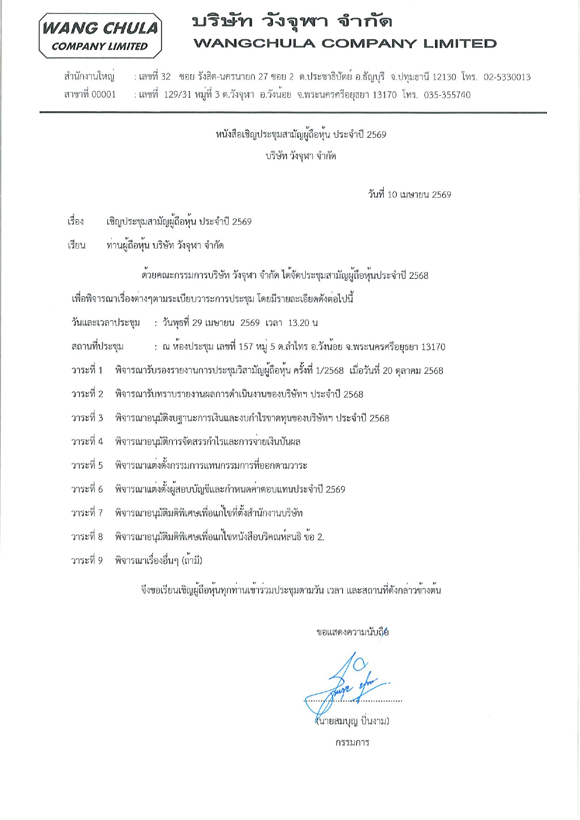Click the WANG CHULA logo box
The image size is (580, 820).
pos(100,36)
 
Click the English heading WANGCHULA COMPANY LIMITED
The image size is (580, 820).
pos(345,43)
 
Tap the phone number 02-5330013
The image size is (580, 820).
pos(507,77)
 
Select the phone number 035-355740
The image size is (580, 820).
pos(447,95)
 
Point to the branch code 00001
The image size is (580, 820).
pos(103,94)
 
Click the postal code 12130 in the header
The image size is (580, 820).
pos(444,77)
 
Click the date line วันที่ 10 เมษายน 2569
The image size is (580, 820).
pos(409,194)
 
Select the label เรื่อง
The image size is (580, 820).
pos(75,221)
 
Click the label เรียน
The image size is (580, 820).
pos(76,245)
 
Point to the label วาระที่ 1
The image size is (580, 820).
pos(87,371)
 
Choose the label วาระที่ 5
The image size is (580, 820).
pos(87,465)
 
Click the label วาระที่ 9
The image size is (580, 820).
pos(87,560)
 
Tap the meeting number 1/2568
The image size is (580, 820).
pos(329,371)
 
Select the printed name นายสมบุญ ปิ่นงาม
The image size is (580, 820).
pos(353,721)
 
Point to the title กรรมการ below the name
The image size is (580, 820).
pos(352,742)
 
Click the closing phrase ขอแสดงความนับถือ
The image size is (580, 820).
pos(352,633)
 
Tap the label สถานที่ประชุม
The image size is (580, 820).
pos(97,347)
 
